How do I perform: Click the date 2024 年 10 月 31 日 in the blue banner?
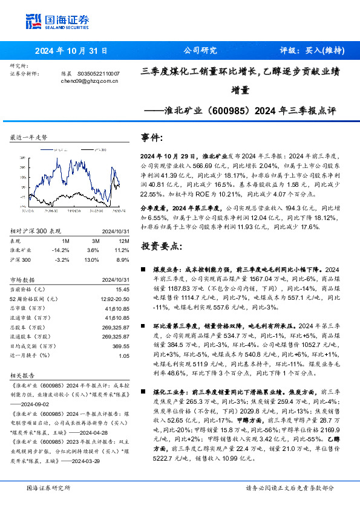click(x=71, y=51)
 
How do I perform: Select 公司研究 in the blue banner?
click(x=200, y=51)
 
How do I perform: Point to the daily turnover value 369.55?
click(x=121, y=346)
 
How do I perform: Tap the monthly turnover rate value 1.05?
click(x=124, y=355)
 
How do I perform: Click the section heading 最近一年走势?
click(x=28, y=138)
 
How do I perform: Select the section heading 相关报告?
click(x=24, y=375)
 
